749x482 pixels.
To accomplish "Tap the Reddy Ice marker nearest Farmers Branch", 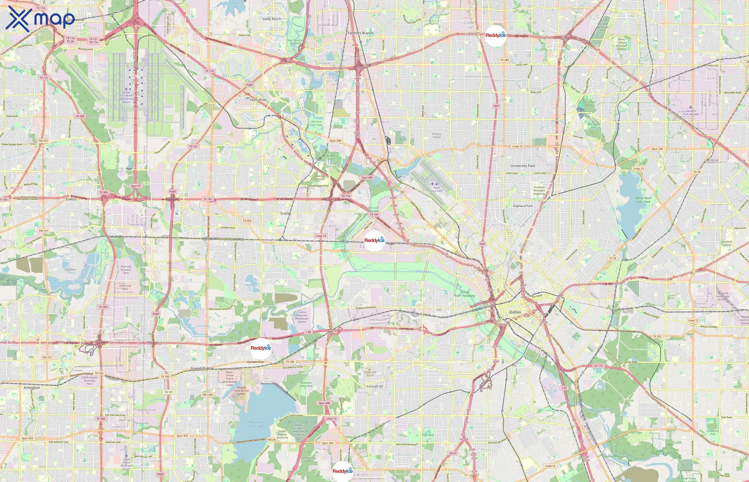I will click(495, 36).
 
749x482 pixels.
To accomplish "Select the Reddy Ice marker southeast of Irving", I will click(374, 241).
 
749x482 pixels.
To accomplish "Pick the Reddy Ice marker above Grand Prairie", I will click(260, 348).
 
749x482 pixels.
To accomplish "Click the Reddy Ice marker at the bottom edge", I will click(342, 471).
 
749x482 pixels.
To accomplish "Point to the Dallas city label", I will click(515, 312).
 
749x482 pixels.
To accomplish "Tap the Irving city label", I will click(285, 213).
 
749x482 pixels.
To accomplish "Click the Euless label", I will click(71, 199).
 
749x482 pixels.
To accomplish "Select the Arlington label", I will click(32, 387).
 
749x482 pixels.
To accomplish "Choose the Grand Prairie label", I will click(202, 368).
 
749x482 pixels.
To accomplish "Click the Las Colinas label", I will click(258, 100).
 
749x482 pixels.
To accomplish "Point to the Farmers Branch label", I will click(360, 33).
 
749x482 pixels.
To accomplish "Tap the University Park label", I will click(523, 166).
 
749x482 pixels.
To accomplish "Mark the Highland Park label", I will click(523, 206).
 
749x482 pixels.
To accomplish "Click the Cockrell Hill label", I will click(374, 386).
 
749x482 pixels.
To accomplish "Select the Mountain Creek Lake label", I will click(256, 424).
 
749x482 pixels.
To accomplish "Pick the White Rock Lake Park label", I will click(643, 200).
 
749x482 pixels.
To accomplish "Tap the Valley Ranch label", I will click(271, 19).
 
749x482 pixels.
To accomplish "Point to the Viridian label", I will click(70, 269).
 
